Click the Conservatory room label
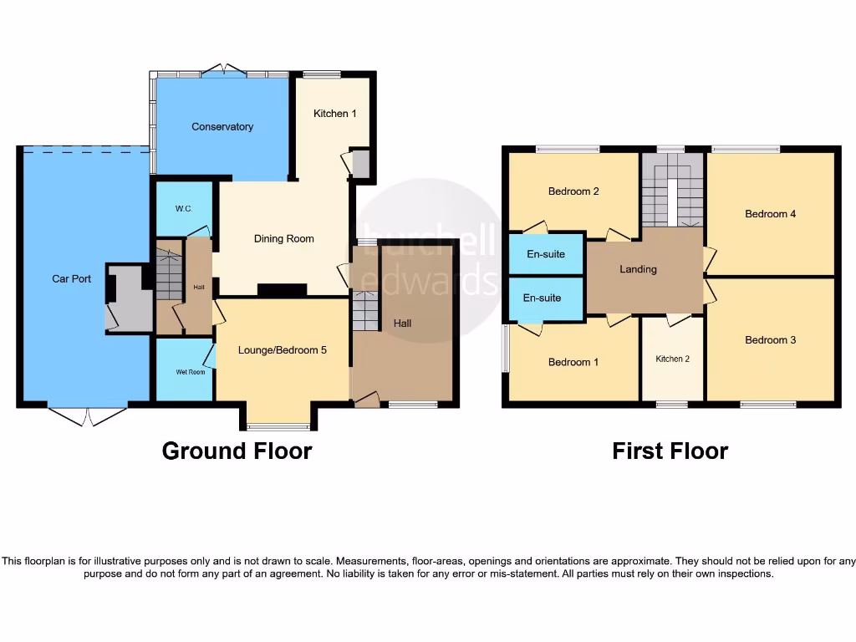pos(222,127)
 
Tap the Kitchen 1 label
pos(335,113)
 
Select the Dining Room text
pos(283,239)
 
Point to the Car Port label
pos(72,279)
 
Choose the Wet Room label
pos(190,372)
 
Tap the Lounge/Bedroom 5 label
pos(283,350)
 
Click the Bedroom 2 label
pos(573,191)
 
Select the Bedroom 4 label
pos(770,214)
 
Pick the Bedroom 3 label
pos(770,340)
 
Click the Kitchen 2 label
pos(672,359)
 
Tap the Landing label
pos(638,269)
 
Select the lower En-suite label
pos(542,298)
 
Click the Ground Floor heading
pos(237,451)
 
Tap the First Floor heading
pos(670,451)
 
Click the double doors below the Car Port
pos(87,415)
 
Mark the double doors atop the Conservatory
pos(225,70)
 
